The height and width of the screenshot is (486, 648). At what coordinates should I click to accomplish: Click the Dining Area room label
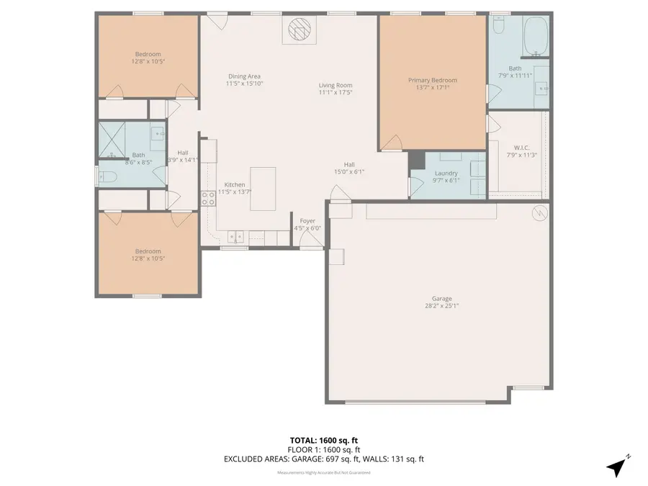[x=244, y=76]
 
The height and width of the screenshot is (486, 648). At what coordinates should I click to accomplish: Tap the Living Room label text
[x=336, y=85]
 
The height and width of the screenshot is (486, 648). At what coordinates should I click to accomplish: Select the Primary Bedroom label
[x=432, y=81]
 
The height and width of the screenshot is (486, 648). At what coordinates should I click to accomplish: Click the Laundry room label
[x=446, y=173]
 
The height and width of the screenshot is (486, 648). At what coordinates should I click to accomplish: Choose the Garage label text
[x=442, y=298]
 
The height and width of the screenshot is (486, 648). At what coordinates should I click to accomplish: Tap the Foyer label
[x=307, y=221]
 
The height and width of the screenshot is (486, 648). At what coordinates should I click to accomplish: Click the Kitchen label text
[x=235, y=184]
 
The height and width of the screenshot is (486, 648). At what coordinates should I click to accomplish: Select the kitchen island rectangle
[x=263, y=189]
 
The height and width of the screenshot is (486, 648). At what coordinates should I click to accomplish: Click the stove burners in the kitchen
[x=209, y=198]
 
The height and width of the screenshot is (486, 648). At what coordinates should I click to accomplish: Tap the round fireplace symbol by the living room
[x=298, y=30]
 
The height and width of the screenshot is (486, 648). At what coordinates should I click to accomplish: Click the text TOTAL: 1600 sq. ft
[x=324, y=439]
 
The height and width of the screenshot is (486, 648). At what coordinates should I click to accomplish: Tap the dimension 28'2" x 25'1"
[x=442, y=306]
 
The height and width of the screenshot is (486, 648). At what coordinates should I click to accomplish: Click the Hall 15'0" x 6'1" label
[x=349, y=168]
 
